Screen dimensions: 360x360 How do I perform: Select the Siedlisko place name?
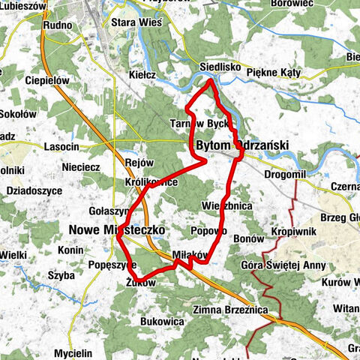coord(220,67)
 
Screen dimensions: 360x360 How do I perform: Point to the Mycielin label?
coord(73,352)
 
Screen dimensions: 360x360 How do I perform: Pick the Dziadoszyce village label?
coord(34,190)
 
